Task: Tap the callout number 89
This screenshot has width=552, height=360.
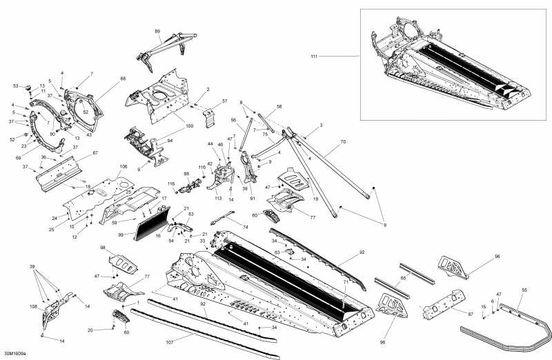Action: click(x=157, y=32)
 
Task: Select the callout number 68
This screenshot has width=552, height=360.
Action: click(x=123, y=79)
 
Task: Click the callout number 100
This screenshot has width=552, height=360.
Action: click(x=189, y=126)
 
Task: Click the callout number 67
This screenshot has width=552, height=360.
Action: click(x=95, y=152)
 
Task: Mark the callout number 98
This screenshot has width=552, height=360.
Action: click(x=102, y=248)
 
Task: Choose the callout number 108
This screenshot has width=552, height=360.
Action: click(x=34, y=306)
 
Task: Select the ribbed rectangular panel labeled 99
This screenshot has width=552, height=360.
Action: click(x=144, y=226)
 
